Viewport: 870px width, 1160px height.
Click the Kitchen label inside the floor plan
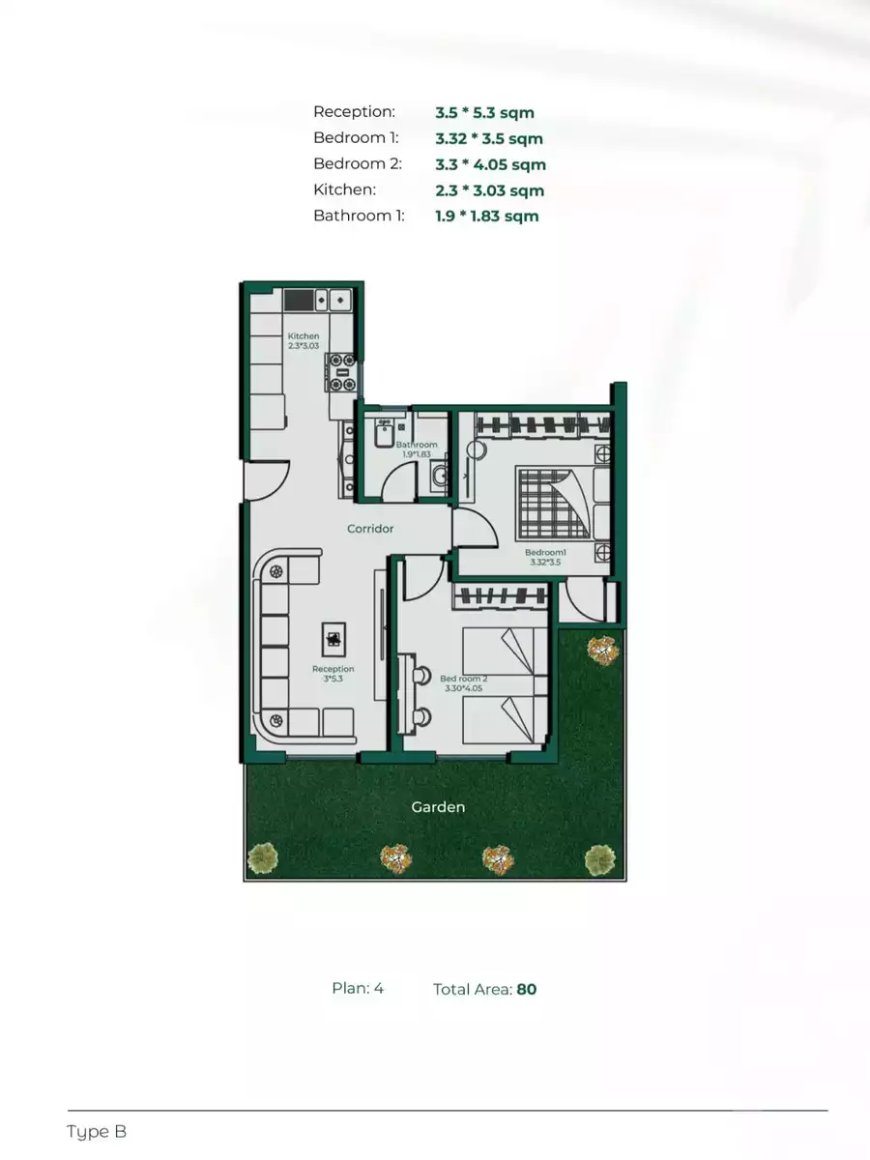click(304, 336)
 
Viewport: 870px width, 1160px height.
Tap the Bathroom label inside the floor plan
click(417, 445)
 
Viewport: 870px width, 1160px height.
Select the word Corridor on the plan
click(371, 529)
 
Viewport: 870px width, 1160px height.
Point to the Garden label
click(438, 806)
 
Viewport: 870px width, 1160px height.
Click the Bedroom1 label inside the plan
click(544, 553)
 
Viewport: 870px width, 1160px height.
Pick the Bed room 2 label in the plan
click(463, 679)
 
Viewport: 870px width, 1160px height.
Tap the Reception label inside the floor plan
click(333, 669)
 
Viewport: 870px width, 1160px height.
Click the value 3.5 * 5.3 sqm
click(484, 112)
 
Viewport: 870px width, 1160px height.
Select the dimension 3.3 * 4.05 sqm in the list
click(490, 164)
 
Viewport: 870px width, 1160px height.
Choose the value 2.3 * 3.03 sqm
click(489, 190)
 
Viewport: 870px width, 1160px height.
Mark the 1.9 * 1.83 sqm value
click(486, 216)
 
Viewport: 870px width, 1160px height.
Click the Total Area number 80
click(526, 989)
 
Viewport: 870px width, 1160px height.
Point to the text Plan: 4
click(358, 988)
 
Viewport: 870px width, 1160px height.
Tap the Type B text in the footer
click(97, 1131)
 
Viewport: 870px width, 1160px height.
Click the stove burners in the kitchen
click(342, 372)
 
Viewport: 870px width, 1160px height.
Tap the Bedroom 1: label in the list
click(356, 138)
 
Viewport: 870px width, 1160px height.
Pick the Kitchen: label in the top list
click(344, 190)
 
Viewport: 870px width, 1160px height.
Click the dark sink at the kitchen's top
click(299, 300)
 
